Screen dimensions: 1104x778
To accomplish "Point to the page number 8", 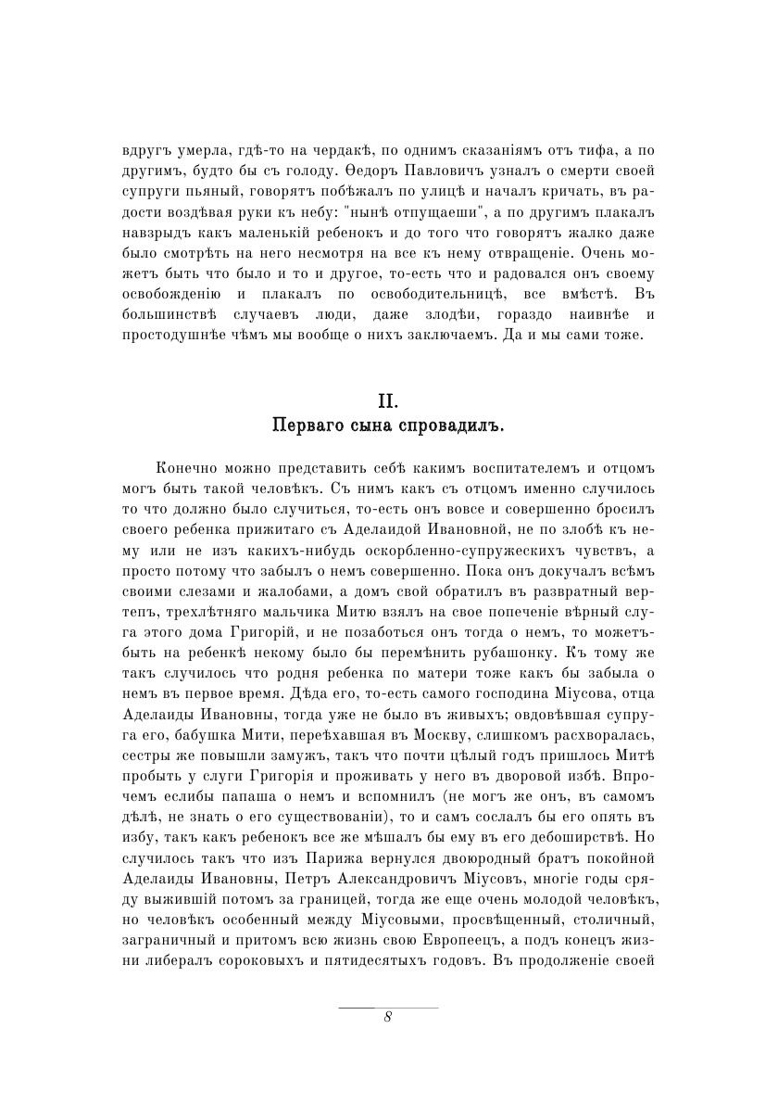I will pos(388,1016).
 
